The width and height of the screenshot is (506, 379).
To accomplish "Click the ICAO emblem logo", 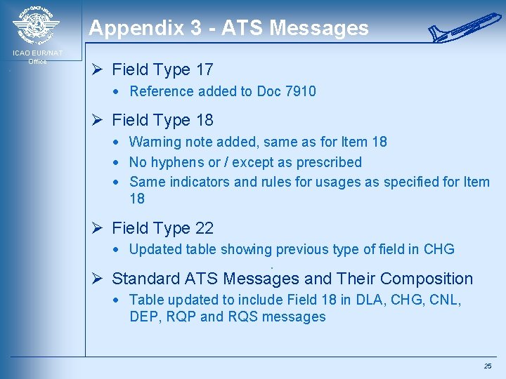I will (37, 25).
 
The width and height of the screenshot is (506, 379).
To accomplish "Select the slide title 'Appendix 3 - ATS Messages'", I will (228, 28).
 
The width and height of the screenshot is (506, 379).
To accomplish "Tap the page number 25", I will (488, 366).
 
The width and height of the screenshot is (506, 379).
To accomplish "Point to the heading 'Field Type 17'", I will (162, 69).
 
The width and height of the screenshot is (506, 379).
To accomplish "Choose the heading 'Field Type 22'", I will (162, 228).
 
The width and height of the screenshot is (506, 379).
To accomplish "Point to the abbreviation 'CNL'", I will (442, 300).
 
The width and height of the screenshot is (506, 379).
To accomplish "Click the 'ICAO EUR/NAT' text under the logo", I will (37, 53).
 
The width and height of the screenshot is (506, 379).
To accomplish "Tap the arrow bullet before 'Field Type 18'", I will (99, 121).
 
